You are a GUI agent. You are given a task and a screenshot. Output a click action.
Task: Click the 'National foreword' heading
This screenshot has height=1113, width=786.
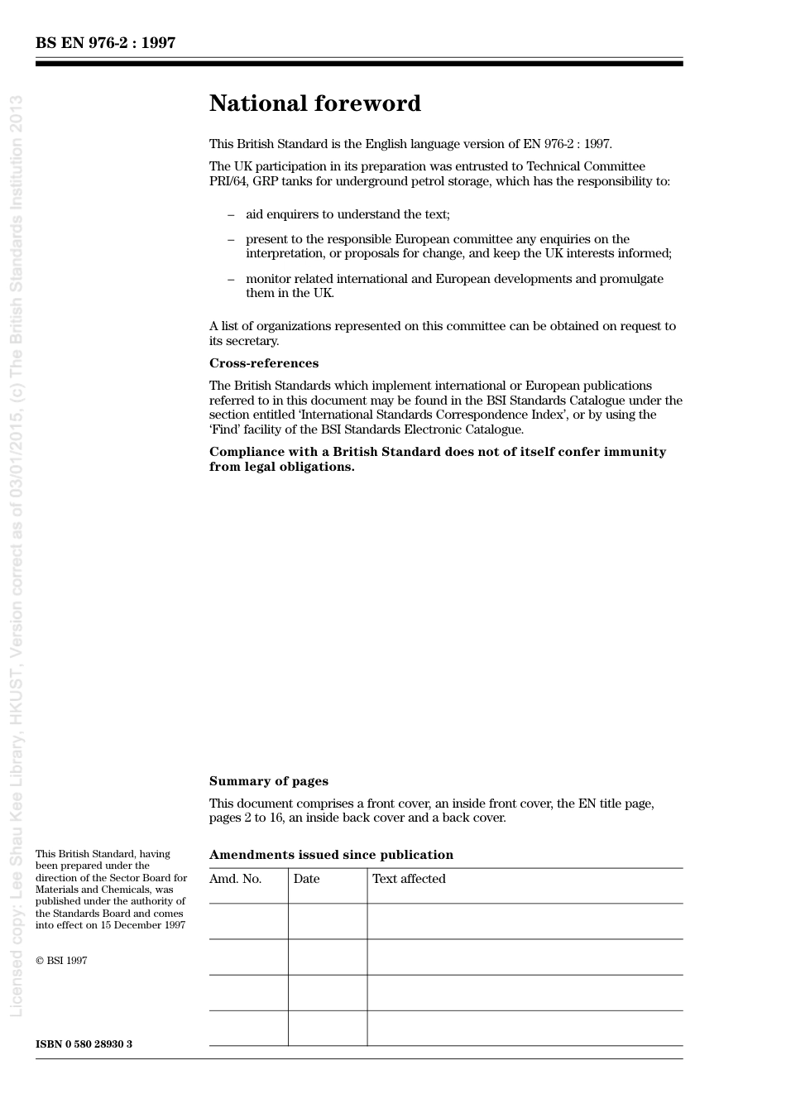point(314,103)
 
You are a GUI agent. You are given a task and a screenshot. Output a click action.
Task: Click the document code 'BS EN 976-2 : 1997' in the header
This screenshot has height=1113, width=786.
point(105,43)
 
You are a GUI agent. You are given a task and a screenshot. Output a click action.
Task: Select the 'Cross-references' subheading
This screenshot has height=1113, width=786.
point(263,363)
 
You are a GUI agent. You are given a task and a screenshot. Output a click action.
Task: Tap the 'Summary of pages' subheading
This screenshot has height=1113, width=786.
point(268,781)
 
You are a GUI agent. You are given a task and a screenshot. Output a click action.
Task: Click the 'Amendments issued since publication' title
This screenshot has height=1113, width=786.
point(331,855)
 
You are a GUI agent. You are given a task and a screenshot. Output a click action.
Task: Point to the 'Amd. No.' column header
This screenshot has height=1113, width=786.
point(235,879)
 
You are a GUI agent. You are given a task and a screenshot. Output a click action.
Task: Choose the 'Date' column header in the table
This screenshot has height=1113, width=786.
point(306,879)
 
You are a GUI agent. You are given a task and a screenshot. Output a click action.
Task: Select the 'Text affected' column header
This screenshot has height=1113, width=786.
point(409,879)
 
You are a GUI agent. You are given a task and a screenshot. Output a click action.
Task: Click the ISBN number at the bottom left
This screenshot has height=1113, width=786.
point(84,1043)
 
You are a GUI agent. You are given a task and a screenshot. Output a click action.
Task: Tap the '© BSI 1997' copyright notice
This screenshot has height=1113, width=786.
point(61,961)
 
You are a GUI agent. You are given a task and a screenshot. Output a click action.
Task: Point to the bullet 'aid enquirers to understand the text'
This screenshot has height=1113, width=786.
point(347,214)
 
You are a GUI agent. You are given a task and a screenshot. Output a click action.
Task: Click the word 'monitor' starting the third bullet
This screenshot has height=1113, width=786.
point(268,279)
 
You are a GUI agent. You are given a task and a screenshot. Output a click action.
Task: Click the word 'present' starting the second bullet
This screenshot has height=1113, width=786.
point(266,239)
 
